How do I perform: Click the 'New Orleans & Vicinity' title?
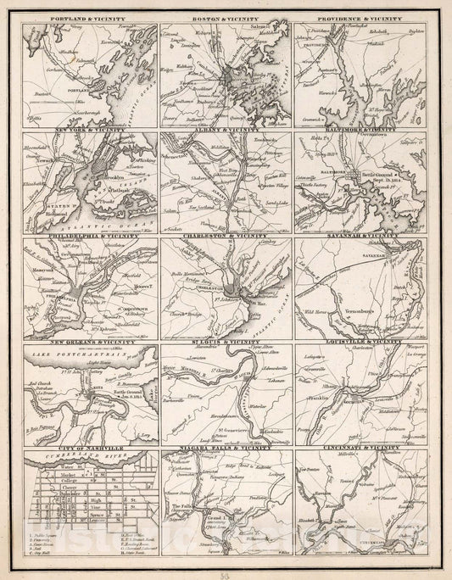pos(90,343)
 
